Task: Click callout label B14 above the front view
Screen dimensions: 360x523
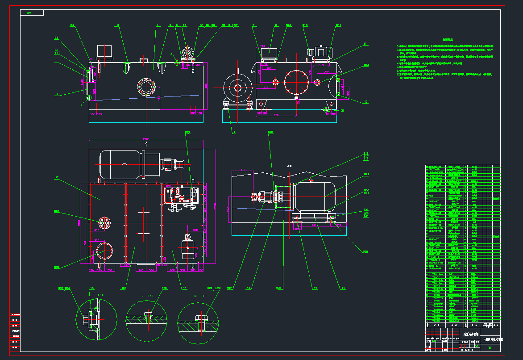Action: [338, 26]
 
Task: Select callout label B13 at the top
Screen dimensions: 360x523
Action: [305, 26]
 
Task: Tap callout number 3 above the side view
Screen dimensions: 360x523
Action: [118, 26]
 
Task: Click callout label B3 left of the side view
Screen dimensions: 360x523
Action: [57, 38]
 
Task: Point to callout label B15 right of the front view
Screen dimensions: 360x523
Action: [366, 66]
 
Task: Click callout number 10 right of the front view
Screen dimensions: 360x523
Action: [366, 101]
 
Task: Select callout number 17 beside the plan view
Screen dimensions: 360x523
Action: [57, 178]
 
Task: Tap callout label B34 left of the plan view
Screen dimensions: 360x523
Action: [57, 211]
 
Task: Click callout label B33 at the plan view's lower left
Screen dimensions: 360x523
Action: [57, 268]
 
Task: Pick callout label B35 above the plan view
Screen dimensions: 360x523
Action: [187, 133]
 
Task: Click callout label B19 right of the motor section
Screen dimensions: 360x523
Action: [367, 175]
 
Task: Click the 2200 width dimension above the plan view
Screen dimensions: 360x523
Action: [145, 139]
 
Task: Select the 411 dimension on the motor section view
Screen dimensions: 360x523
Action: [243, 170]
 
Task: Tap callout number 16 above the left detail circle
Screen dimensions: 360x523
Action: [92, 289]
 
